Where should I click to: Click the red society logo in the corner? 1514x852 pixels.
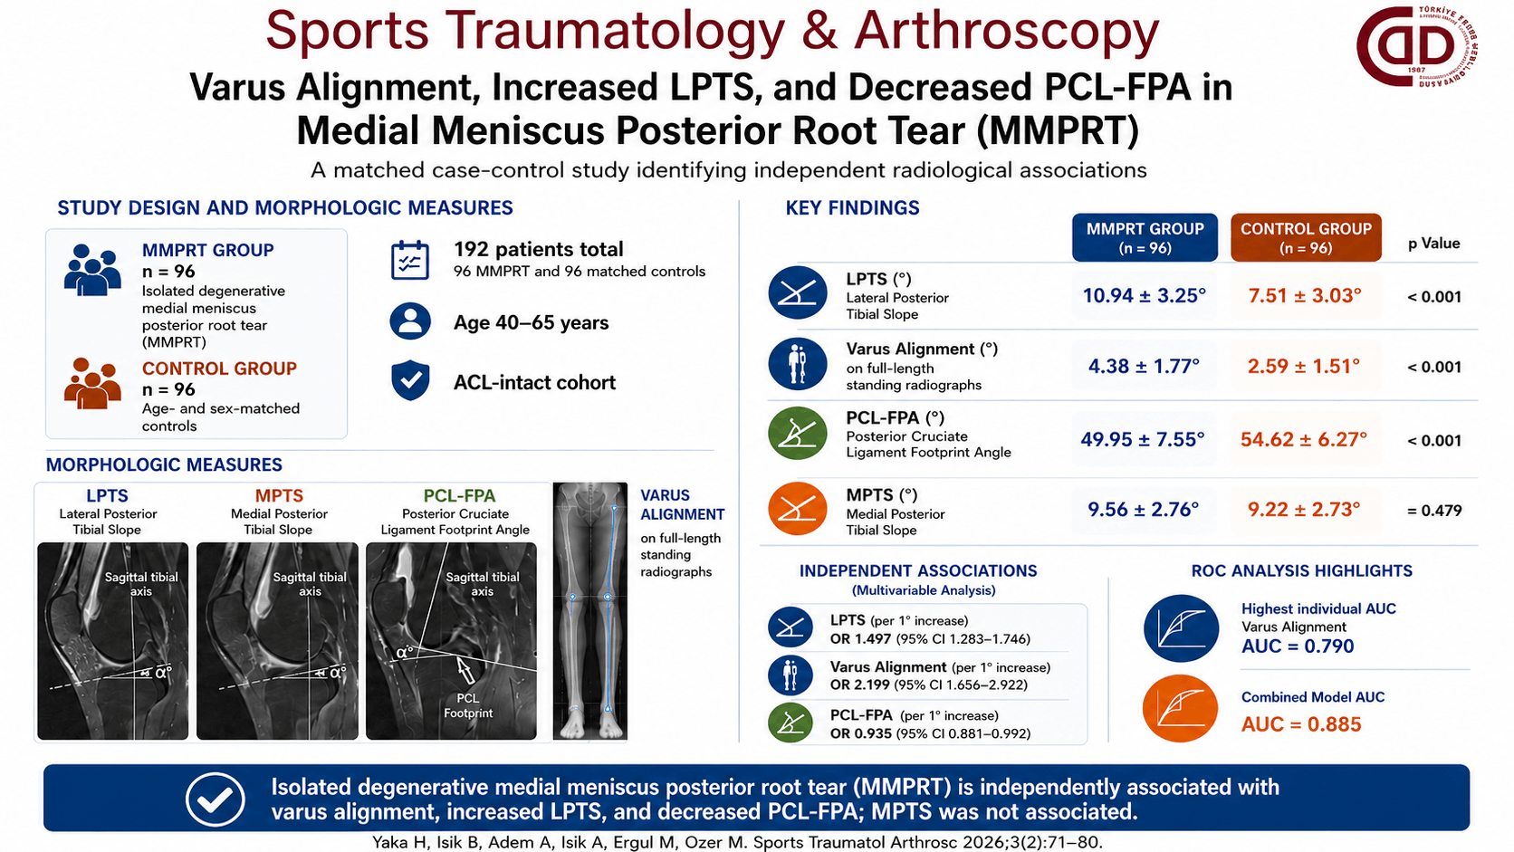[x=1417, y=46]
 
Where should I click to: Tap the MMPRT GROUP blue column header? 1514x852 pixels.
[x=1145, y=238]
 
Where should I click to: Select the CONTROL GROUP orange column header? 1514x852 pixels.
[x=1306, y=238]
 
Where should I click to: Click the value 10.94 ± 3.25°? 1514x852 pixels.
[x=1145, y=296]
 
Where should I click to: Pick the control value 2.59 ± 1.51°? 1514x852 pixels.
[x=1304, y=366]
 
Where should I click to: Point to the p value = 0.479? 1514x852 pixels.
[x=1434, y=510]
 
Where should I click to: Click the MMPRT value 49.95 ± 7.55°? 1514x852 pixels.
[x=1143, y=440]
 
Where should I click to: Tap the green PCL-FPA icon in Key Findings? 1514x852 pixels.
[x=798, y=433]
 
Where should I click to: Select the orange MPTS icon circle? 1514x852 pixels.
[x=798, y=509]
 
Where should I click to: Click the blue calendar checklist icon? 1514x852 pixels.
[x=410, y=260]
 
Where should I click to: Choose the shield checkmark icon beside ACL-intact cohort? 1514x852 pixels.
[x=410, y=380]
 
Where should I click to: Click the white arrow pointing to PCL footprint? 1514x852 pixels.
[x=465, y=669]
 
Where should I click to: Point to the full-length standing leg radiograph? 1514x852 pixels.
[x=590, y=611]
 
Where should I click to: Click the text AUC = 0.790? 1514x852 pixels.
[x=1298, y=646]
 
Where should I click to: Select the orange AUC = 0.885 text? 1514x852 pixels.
[x=1301, y=724]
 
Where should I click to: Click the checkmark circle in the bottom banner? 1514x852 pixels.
[x=215, y=799]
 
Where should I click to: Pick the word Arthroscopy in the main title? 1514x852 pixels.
[x=1006, y=32]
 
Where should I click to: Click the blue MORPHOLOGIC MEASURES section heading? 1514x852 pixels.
[x=164, y=464]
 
